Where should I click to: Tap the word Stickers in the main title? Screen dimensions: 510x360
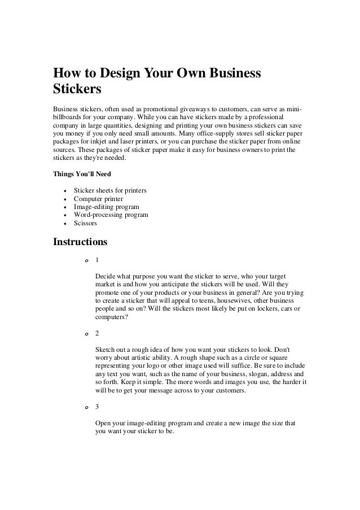click(77, 90)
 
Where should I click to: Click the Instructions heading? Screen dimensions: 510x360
click(80, 242)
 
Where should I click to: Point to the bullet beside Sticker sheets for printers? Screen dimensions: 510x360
click(66, 191)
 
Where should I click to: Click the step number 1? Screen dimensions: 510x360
click(98, 260)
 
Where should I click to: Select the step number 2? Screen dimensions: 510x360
click(98, 333)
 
